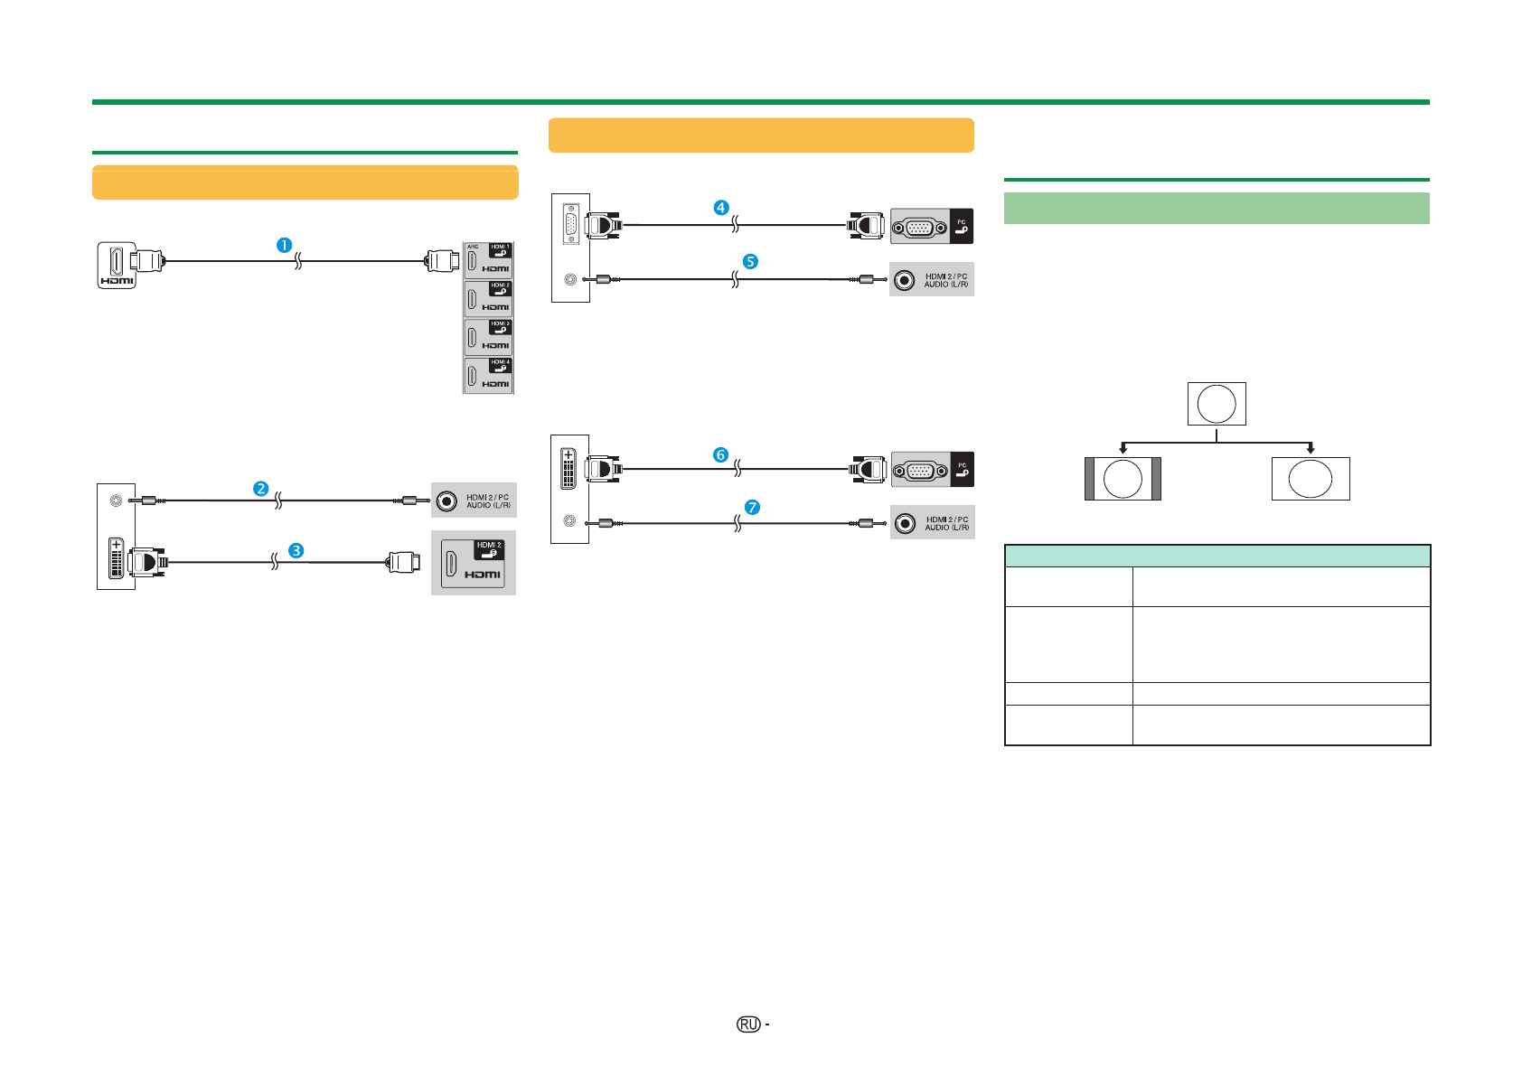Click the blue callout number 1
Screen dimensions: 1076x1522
click(284, 245)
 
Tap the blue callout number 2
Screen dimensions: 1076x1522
click(260, 489)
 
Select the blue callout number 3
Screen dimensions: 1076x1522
click(296, 550)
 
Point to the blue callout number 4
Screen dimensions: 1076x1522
click(720, 208)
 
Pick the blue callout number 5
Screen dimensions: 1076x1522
click(750, 261)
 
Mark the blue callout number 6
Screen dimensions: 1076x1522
click(720, 454)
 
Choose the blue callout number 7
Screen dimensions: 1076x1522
click(752, 508)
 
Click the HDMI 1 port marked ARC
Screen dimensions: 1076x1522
click(488, 260)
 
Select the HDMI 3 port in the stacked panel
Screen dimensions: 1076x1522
click(488, 337)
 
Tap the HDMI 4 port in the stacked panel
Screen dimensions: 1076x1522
click(488, 376)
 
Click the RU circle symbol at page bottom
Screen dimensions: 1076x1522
click(748, 1024)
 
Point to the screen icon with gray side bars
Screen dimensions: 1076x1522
click(1123, 479)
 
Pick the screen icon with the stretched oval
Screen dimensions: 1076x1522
click(1311, 479)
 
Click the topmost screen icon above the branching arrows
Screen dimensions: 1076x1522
click(1217, 404)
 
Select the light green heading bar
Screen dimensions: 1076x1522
click(1217, 208)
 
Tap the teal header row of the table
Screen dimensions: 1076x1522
click(1217, 556)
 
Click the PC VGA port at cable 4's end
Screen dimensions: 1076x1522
click(919, 227)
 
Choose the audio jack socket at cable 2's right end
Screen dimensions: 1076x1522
click(446, 501)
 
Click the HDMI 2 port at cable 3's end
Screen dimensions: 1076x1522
click(473, 563)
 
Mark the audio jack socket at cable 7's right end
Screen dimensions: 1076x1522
click(906, 523)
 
